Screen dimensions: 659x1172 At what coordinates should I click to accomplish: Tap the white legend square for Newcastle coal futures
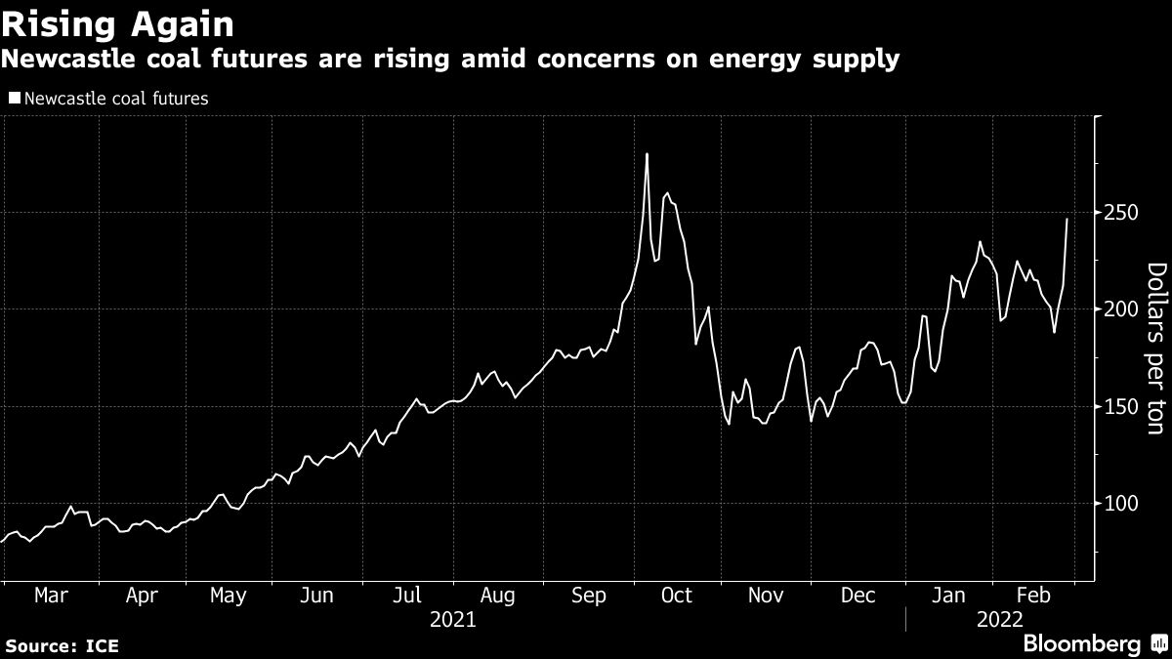(x=14, y=99)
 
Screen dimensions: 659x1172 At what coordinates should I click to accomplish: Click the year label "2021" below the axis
(x=453, y=619)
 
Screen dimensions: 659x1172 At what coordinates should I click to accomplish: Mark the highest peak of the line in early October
(x=647, y=154)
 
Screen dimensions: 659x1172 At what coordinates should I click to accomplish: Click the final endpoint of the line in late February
(x=1067, y=220)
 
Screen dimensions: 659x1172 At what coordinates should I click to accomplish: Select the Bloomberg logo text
(x=1081, y=643)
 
